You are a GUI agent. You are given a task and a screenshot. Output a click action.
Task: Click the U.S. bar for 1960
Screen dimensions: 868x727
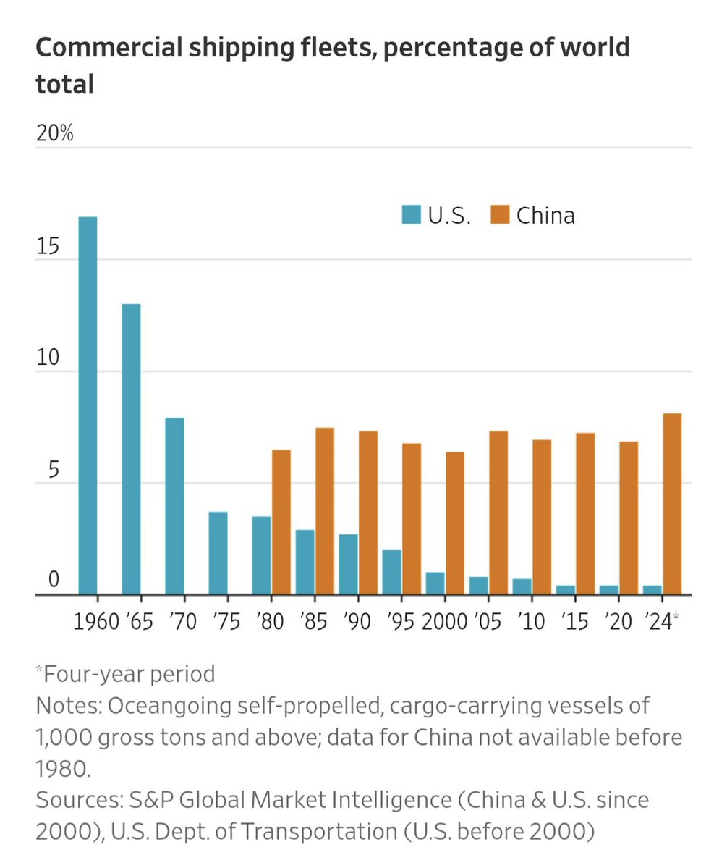[88, 405]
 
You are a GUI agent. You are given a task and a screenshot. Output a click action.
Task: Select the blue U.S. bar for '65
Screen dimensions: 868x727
[131, 449]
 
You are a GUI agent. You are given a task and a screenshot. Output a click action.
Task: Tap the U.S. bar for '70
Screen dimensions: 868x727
[174, 506]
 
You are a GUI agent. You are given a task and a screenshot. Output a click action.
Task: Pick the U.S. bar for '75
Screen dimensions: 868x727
[218, 553]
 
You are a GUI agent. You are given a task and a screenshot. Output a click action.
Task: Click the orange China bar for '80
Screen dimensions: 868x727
[281, 522]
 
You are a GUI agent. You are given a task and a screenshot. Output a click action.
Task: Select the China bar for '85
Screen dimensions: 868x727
[325, 511]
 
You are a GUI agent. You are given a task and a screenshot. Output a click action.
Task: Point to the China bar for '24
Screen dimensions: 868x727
[672, 504]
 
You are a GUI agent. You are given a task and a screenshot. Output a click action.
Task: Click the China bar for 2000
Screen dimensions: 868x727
[455, 523]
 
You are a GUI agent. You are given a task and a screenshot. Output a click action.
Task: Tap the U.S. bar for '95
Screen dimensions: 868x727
[391, 572]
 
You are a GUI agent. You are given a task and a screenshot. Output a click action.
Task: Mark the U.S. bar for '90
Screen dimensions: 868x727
[348, 564]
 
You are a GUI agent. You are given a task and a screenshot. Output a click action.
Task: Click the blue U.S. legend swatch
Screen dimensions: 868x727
[411, 215]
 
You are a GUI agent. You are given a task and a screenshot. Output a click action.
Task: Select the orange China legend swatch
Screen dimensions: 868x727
[500, 215]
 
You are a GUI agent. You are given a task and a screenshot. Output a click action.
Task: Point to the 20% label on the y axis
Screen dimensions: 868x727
[55, 134]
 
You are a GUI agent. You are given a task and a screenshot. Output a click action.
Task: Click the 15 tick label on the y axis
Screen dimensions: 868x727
[48, 246]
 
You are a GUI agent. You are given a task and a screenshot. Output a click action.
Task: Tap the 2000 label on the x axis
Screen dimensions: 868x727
[443, 622]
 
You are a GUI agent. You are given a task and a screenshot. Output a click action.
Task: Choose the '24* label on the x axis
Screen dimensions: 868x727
[661, 622]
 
